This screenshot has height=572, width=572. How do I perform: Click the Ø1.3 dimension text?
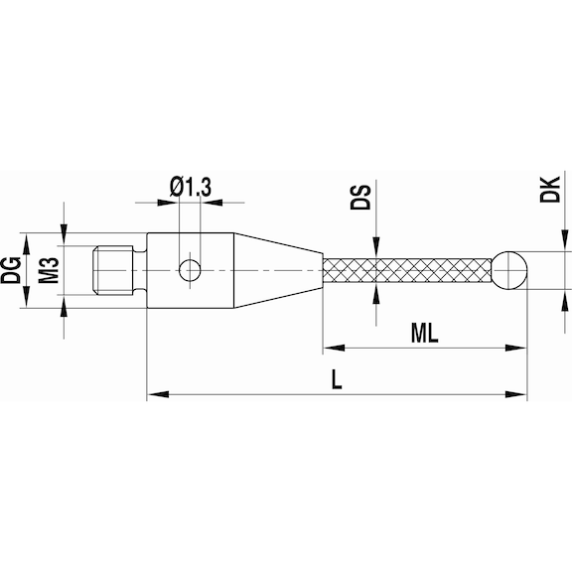tap(189, 185)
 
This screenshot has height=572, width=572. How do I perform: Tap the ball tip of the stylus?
tap(508, 268)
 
